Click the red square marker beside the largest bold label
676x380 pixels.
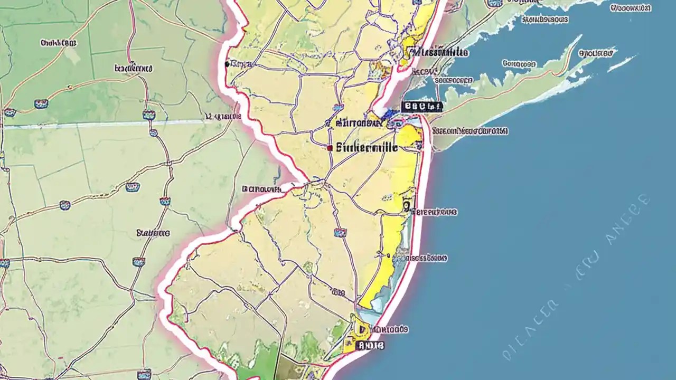pyautogui.click(x=330, y=148)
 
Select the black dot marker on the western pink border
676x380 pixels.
pyautogui.click(x=227, y=64)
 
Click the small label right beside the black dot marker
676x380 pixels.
pyautogui.click(x=242, y=64)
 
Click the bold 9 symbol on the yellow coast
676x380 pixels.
pyautogui.click(x=406, y=205)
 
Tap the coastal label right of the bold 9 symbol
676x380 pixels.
pyautogui.click(x=434, y=212)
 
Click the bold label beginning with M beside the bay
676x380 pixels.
pyautogui.click(x=439, y=52)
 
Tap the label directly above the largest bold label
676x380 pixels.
pyautogui.click(x=360, y=122)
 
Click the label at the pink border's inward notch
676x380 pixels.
pyautogui.click(x=261, y=188)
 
